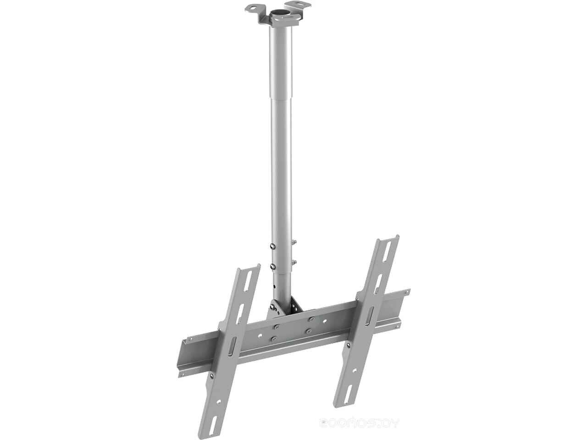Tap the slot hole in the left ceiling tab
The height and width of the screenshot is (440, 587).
pos(254,8)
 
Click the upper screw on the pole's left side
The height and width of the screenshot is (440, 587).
pos(272,247)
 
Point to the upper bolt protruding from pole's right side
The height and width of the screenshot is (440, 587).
pos(294,243)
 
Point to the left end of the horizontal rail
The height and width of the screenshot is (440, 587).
pos(185,355)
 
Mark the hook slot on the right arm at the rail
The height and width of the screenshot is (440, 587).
pos(370,314)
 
